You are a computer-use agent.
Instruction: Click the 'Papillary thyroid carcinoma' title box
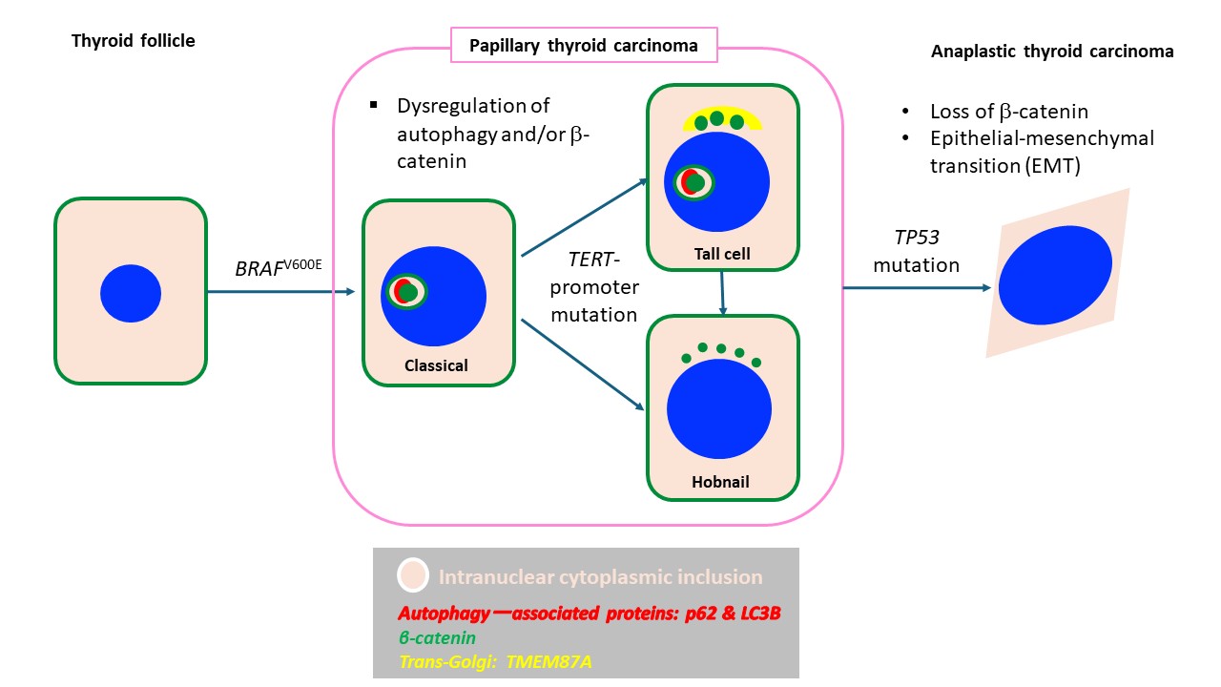click(583, 45)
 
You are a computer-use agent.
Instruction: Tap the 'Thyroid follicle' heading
click(133, 40)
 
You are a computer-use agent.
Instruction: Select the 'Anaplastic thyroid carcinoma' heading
click(1051, 52)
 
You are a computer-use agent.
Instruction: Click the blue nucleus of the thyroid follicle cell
click(131, 293)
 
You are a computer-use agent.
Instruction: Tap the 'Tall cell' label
click(722, 254)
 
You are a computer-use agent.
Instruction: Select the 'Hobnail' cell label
click(720, 482)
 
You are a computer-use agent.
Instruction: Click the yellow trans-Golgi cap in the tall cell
click(722, 117)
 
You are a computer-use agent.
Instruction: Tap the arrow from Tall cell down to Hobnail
click(724, 291)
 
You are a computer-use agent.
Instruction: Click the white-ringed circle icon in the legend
click(412, 576)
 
